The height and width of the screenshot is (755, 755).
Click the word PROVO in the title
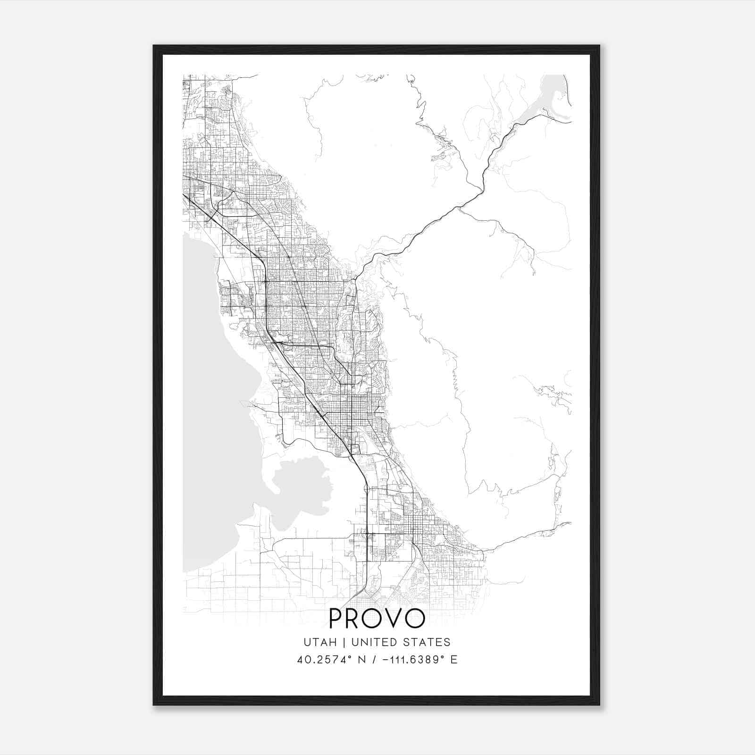tap(377, 619)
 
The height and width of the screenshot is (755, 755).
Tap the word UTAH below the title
tap(320, 642)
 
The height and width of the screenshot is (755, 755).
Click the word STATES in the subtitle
tap(428, 642)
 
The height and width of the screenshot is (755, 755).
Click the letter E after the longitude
tap(453, 660)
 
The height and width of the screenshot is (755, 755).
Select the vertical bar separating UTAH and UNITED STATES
tap(344, 642)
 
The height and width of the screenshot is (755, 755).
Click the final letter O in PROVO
tap(415, 619)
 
